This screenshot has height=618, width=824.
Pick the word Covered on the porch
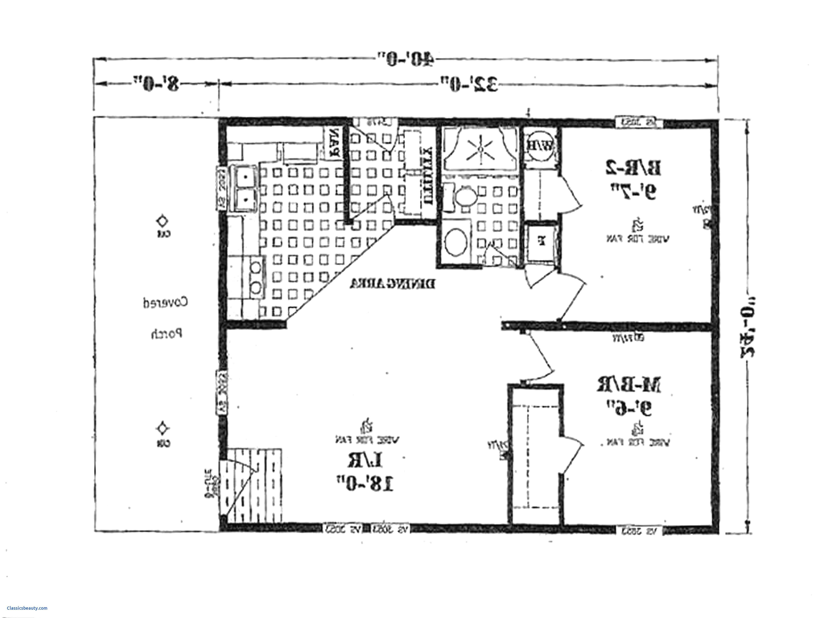pos(166,302)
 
